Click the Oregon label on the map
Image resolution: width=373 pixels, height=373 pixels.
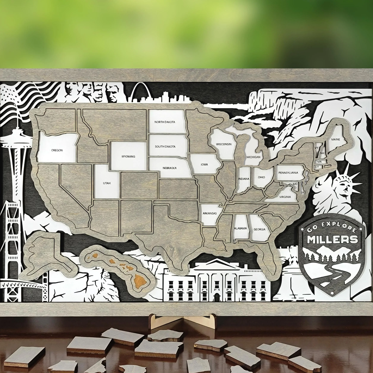click(x=57, y=150)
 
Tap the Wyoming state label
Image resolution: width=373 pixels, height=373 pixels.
click(x=128, y=156)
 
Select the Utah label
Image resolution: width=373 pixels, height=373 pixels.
click(x=107, y=183)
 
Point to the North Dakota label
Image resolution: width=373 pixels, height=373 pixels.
click(x=165, y=122)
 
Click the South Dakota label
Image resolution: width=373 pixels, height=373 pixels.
click(x=165, y=146)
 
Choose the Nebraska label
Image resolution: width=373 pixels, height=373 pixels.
click(x=170, y=168)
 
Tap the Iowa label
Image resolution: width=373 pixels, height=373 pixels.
click(x=205, y=164)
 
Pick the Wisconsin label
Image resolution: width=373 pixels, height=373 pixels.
click(x=224, y=144)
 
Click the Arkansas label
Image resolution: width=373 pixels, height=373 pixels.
click(x=210, y=213)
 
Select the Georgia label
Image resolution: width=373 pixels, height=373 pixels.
click(x=259, y=229)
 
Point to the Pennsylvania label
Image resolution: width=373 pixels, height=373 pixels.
click(x=288, y=173)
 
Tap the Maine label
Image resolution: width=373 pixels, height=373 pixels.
click(x=336, y=139)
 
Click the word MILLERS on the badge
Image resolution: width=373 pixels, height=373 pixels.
click(x=332, y=239)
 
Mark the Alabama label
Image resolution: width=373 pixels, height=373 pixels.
click(x=240, y=228)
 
